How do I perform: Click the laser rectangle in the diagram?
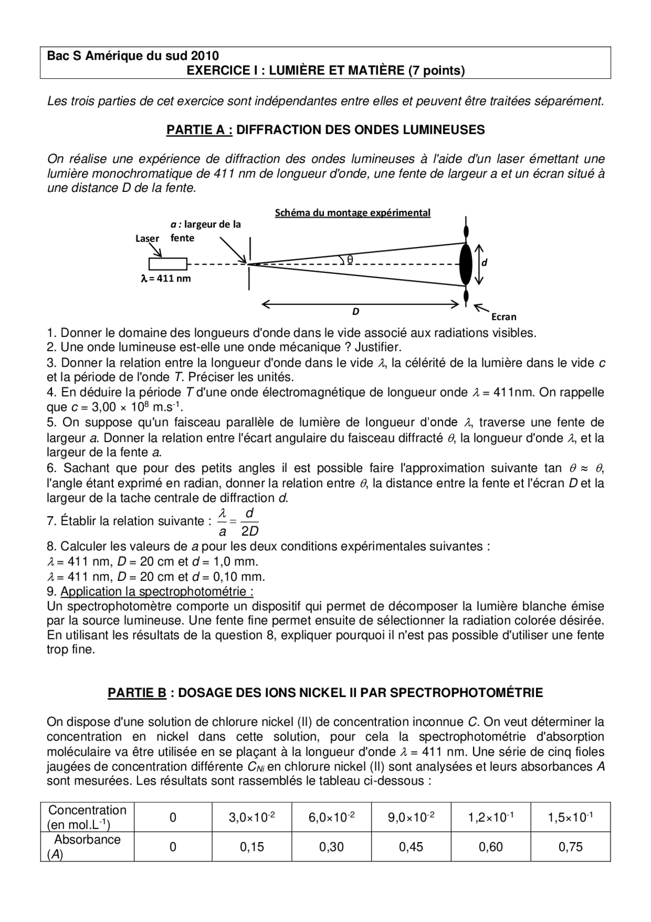(x=167, y=264)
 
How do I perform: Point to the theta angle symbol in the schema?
(x=350, y=260)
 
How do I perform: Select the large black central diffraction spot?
(x=465, y=264)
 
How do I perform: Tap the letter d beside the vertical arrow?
(x=484, y=263)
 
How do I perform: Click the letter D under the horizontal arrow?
(x=356, y=312)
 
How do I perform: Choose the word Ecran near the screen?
(x=504, y=317)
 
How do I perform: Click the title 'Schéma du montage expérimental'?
(x=352, y=213)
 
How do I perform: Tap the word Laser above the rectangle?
(x=147, y=238)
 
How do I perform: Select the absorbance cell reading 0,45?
(x=411, y=847)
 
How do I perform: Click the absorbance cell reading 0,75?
(x=570, y=847)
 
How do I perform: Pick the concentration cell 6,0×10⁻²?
(x=331, y=818)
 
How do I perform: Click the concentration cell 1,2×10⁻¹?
(x=490, y=818)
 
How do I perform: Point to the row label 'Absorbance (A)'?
(x=87, y=847)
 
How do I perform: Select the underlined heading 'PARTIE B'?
(x=137, y=692)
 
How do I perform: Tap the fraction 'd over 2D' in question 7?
(x=250, y=522)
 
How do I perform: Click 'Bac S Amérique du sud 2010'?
(x=133, y=56)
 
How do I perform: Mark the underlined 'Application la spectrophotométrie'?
(x=157, y=592)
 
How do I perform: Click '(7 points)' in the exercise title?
(x=436, y=71)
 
